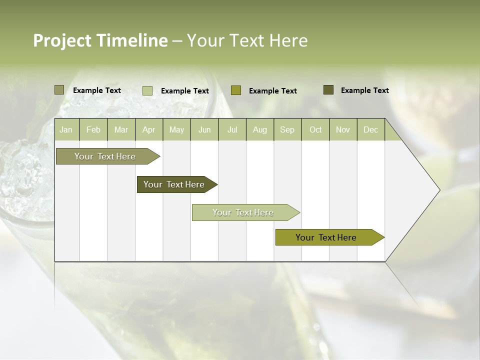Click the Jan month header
click(66, 129)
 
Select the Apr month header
click(149, 129)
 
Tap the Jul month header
click(232, 129)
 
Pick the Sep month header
click(287, 129)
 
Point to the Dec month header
click(370, 129)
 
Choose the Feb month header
click(93, 129)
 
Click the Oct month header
click(315, 129)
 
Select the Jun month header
click(204, 129)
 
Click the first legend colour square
click(59, 90)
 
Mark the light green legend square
click(147, 90)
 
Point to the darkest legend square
click(328, 90)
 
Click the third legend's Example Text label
click(273, 91)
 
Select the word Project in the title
click(62, 40)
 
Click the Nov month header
click(343, 129)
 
